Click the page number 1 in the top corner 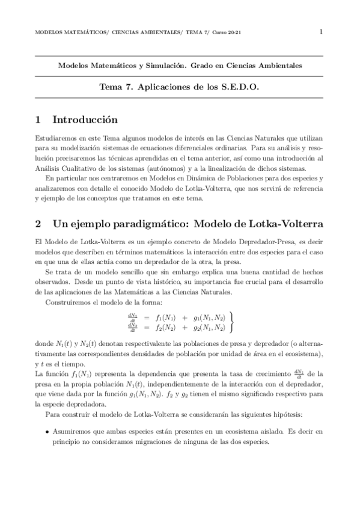click(x=321, y=31)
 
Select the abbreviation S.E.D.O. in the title click(x=239, y=87)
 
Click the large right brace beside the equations click(x=232, y=322)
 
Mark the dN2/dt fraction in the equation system click(x=132, y=328)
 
